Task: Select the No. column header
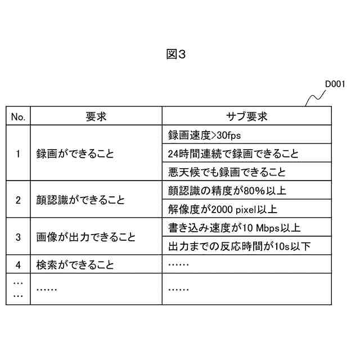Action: [x=18, y=116]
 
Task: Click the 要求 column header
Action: [x=96, y=116]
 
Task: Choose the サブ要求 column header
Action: [x=246, y=116]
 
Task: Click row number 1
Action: [x=18, y=153]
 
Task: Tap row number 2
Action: [x=18, y=200]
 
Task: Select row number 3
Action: [x=18, y=237]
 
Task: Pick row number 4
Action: [x=18, y=264]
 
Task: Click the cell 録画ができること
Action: [x=75, y=153]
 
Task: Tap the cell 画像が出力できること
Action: [x=85, y=237]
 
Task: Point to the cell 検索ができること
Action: [x=75, y=264]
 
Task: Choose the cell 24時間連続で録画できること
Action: [x=233, y=153]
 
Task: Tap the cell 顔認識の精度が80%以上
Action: [x=227, y=191]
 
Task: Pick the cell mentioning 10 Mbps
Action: [x=234, y=228]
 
